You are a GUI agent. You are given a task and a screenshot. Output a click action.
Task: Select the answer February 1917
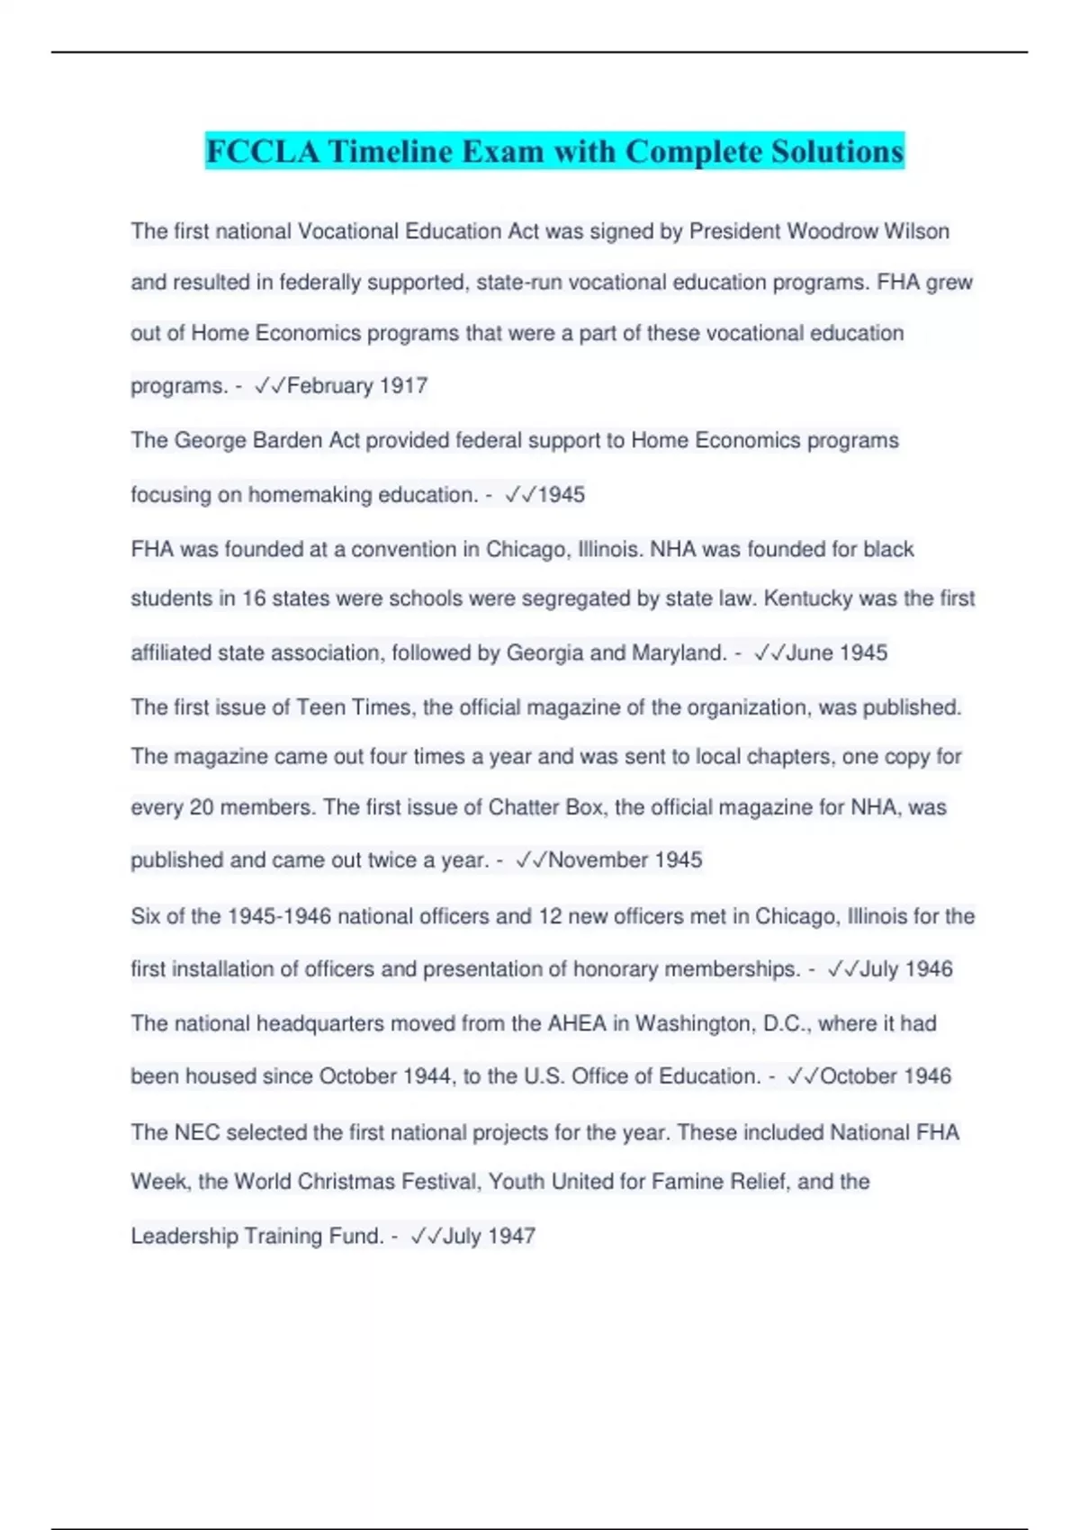[x=356, y=385]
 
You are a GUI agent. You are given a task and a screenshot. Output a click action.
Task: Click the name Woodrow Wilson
[x=868, y=231]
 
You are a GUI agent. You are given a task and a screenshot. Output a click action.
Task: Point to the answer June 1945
[x=836, y=652]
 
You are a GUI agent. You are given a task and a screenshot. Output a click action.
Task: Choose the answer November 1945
[x=625, y=859]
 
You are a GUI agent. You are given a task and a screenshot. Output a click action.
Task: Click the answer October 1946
[x=885, y=1075]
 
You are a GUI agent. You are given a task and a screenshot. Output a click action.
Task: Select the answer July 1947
[x=489, y=1236]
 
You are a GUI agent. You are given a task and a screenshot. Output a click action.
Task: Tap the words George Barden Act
[x=266, y=440]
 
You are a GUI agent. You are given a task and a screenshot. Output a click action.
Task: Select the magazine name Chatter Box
[x=546, y=807]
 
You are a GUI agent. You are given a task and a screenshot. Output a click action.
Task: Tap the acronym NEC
[x=197, y=1132]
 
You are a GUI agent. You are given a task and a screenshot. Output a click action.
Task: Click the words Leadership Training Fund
[x=257, y=1236]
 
